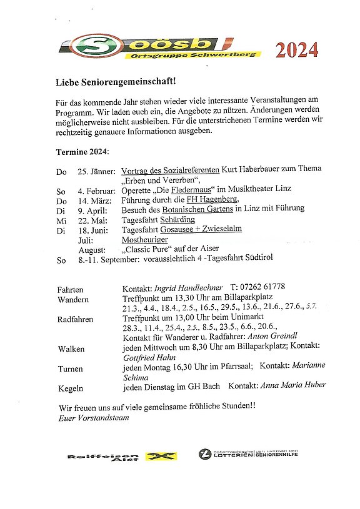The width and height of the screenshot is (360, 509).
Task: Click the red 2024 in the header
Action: pyautogui.click(x=297, y=49)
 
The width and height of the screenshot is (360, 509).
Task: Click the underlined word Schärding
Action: pyautogui.click(x=177, y=219)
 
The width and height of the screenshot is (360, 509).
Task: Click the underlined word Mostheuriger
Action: pyautogui.click(x=144, y=239)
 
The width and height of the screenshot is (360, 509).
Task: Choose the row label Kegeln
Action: pyautogui.click(x=70, y=388)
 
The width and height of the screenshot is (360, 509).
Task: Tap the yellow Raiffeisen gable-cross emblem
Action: pyautogui.click(x=161, y=457)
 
